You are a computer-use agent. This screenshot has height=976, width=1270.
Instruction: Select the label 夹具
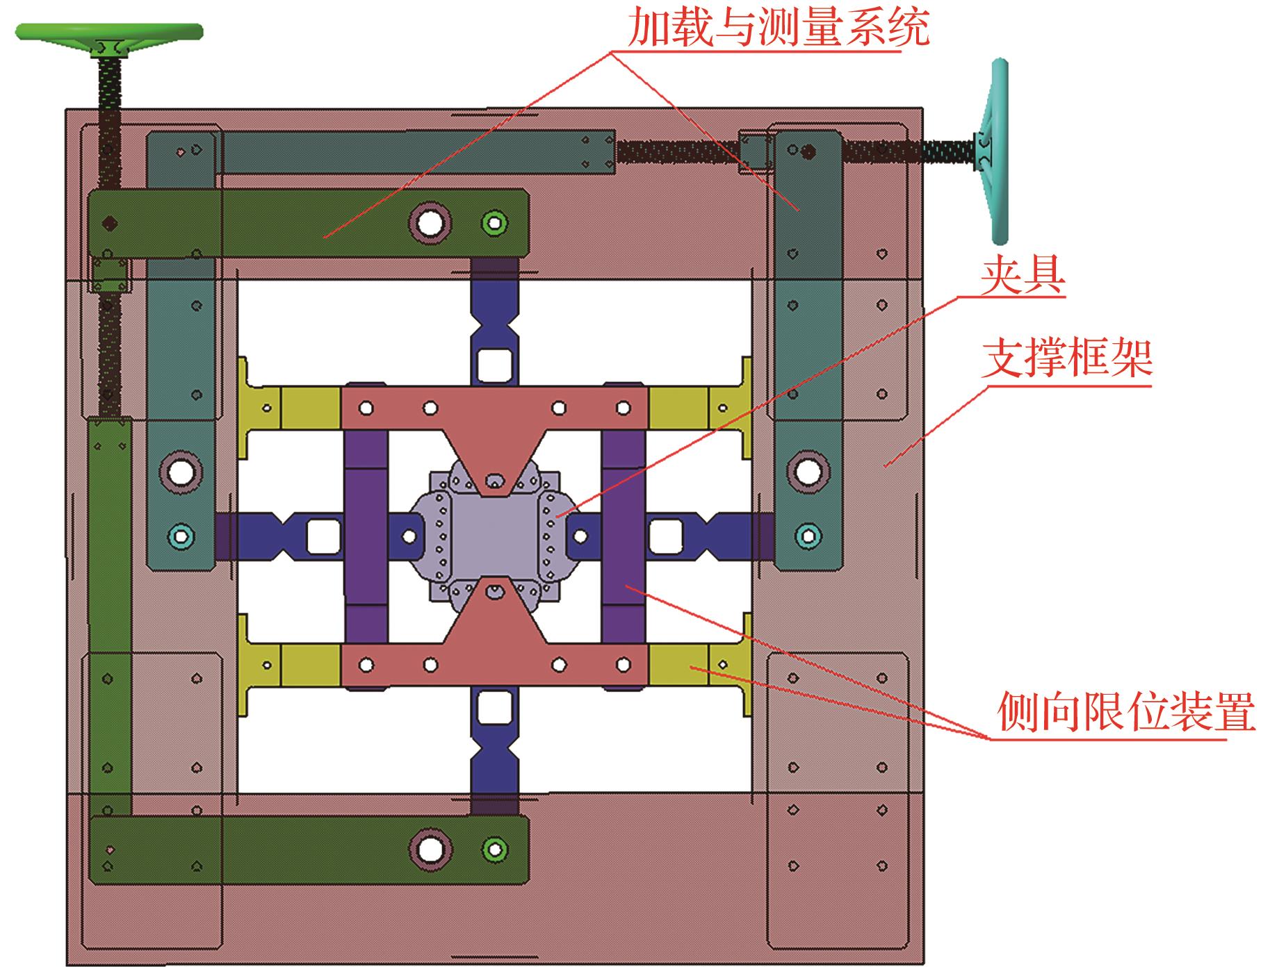click(1023, 277)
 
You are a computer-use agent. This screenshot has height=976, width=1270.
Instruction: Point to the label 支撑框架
click(1068, 358)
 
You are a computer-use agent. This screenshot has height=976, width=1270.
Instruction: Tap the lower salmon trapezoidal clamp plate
click(494, 650)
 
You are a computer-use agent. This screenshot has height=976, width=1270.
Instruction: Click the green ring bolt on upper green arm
click(494, 223)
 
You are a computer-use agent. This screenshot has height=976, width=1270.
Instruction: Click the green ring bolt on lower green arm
click(494, 848)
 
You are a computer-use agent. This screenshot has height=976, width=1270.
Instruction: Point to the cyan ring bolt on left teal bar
click(181, 536)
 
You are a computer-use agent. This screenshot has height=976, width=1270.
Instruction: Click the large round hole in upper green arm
click(430, 222)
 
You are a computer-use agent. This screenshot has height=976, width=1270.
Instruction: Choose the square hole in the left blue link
click(321, 536)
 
